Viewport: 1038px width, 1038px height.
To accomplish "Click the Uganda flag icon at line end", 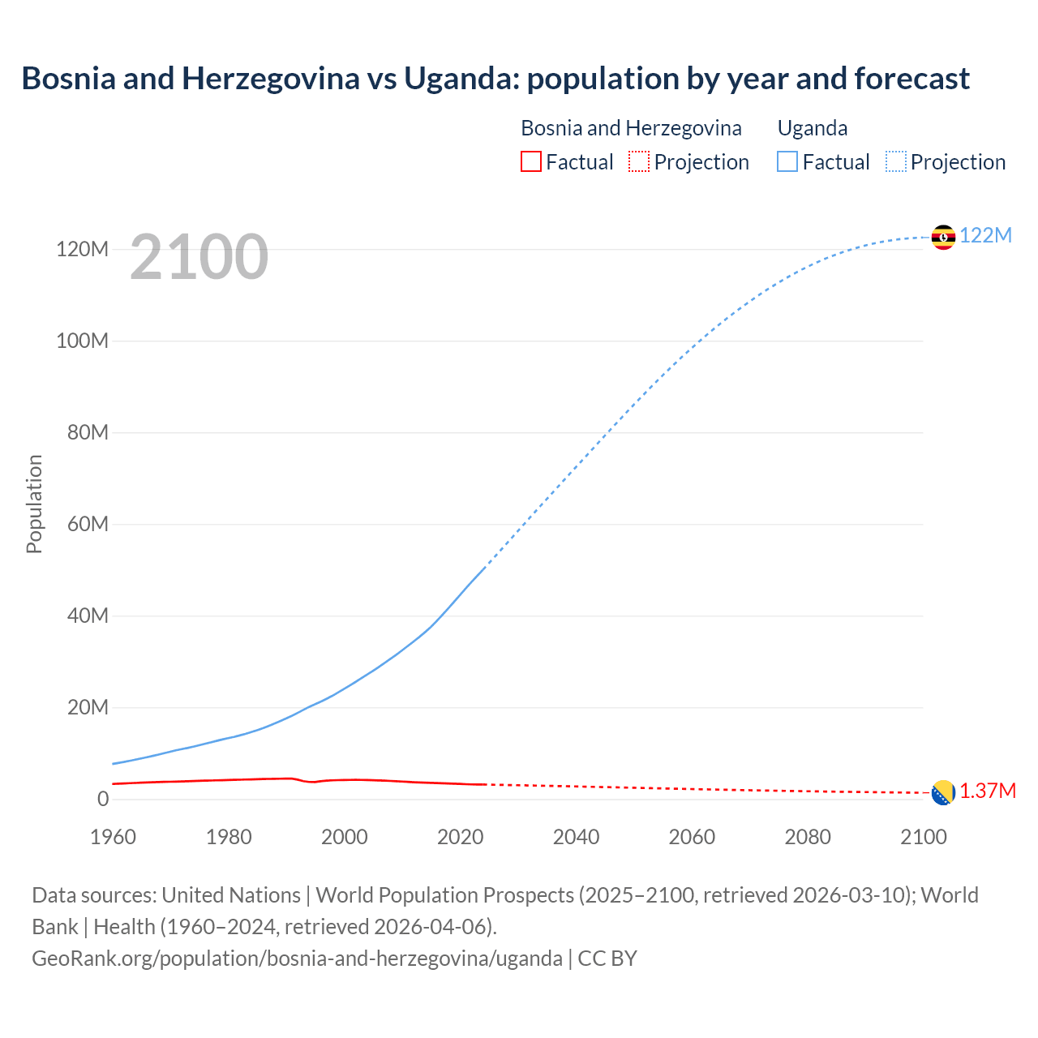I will [943, 237].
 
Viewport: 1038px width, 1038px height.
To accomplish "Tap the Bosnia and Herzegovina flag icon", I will [943, 792].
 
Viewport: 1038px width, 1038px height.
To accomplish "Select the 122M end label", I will [986, 235].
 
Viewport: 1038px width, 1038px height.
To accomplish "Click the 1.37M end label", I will [988, 791].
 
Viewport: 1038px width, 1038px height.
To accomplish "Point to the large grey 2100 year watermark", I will [199, 256].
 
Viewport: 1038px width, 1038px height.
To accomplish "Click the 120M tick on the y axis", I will [82, 249].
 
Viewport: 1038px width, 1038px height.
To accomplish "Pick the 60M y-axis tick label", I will [88, 524].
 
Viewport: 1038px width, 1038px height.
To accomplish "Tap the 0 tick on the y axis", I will [103, 799].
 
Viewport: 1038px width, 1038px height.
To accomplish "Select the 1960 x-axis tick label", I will [113, 837].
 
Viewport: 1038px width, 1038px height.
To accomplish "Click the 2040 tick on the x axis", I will [576, 837].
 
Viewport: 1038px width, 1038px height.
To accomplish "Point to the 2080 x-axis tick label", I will [808, 837].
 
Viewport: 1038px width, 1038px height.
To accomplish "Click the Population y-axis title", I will [34, 504].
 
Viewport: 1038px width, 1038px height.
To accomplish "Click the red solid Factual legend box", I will [530, 162].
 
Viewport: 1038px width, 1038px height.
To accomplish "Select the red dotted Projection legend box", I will [639, 162].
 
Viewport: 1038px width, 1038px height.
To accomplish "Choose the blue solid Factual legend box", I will [787, 162].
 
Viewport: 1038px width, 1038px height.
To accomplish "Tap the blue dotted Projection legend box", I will [896, 162].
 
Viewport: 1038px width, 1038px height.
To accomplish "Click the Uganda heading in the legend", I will [813, 128].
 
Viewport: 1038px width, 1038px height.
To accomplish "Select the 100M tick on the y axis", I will [82, 341].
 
